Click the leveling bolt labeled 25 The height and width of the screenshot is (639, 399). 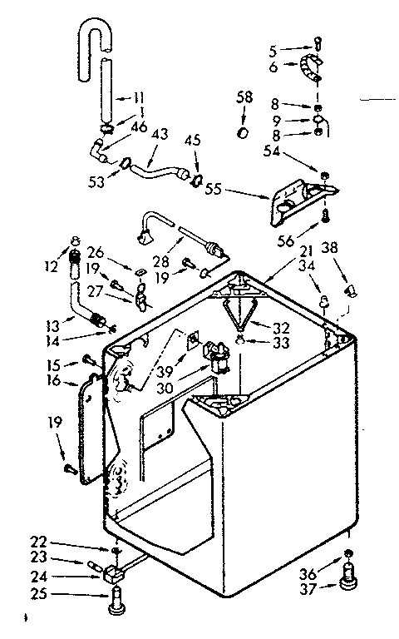(x=116, y=599)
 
